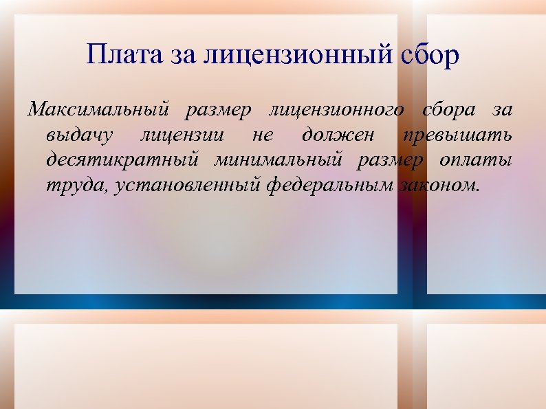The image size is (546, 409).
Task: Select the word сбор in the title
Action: point(428,56)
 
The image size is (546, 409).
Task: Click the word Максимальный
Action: point(97,109)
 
